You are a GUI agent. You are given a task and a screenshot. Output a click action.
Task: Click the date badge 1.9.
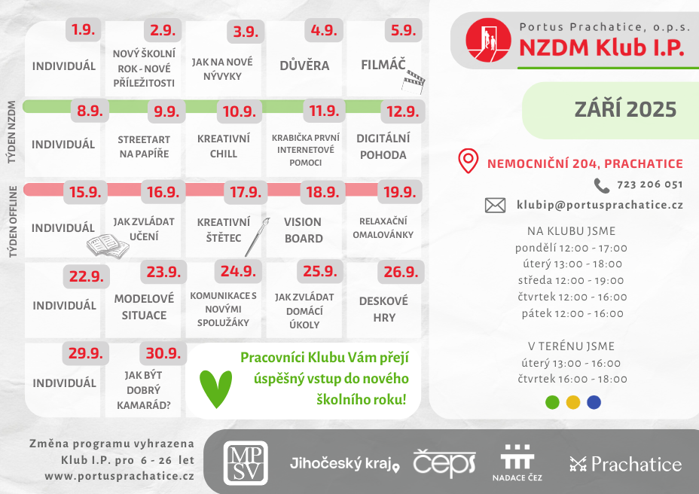84,30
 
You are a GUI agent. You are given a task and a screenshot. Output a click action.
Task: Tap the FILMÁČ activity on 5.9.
383,65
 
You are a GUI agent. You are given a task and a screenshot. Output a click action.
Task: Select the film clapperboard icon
414,77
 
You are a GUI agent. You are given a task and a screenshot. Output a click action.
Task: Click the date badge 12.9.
401,111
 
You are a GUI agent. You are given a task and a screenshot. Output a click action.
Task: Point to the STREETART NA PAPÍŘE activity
144,146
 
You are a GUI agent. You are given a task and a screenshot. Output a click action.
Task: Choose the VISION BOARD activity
303,230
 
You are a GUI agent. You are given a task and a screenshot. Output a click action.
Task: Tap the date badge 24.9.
239,271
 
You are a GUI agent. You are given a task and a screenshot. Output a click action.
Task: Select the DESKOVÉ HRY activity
383,309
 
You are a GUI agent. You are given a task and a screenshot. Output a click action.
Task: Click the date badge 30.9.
162,353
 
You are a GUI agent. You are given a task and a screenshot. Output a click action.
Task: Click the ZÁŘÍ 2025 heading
624,109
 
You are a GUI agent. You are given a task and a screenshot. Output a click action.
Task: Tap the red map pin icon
469,160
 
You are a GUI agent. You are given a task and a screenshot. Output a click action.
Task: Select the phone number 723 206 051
649,184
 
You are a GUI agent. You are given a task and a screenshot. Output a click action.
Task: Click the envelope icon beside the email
495,205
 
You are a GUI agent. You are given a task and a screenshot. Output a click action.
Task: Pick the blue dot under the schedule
594,402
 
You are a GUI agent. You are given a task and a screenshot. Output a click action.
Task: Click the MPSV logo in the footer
246,462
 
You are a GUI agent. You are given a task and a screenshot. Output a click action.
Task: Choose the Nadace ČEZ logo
517,462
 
